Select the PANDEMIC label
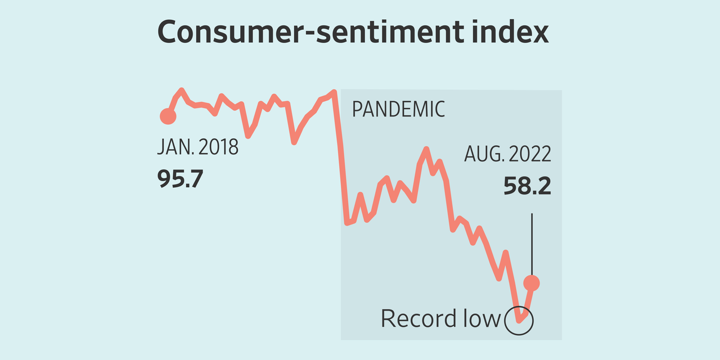coord(398,109)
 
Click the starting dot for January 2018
coord(168,116)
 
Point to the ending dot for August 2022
coord(532,283)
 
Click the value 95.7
coord(180,180)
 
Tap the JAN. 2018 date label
coord(197,147)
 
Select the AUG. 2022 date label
coord(507,154)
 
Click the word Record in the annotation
coord(419,319)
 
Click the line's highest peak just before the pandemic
coord(334,92)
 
